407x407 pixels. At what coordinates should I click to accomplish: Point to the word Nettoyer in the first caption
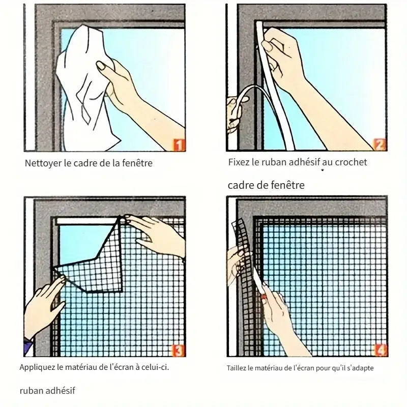click(42, 164)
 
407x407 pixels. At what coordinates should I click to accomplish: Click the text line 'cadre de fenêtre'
click(266, 185)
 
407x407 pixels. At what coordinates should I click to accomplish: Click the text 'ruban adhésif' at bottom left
click(47, 391)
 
